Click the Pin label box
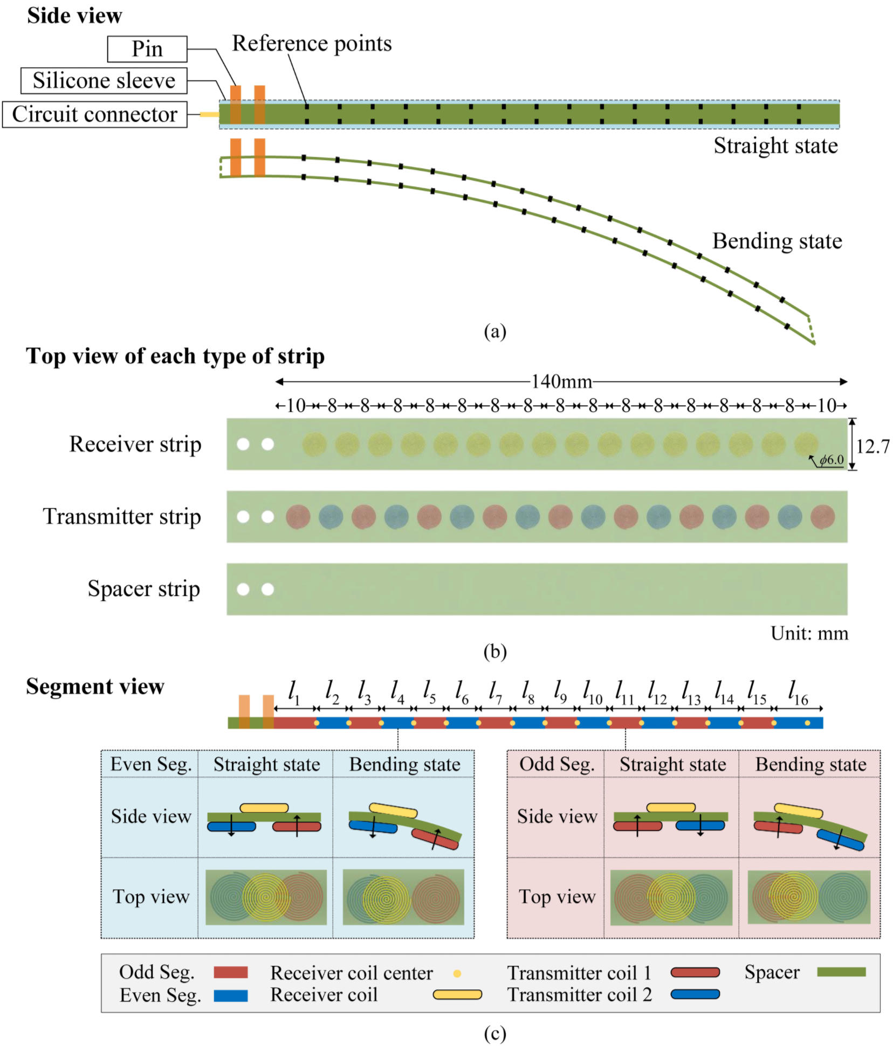click(x=147, y=49)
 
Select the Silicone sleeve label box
click(x=104, y=81)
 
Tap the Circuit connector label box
click(x=94, y=114)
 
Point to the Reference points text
click(x=312, y=44)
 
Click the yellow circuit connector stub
click(x=209, y=114)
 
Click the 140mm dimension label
click(x=561, y=382)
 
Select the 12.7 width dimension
click(x=872, y=446)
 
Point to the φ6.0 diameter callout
click(x=831, y=460)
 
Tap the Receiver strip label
click(x=135, y=444)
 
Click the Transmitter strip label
click(x=122, y=516)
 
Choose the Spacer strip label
click(x=144, y=588)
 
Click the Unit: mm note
click(x=809, y=633)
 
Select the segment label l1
click(x=294, y=692)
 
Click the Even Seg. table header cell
click(x=150, y=764)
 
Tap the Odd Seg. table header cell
click(x=557, y=764)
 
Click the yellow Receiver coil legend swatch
click(x=457, y=994)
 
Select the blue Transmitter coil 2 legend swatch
click(x=695, y=994)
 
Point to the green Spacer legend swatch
click(x=841, y=972)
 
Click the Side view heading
click(x=74, y=16)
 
